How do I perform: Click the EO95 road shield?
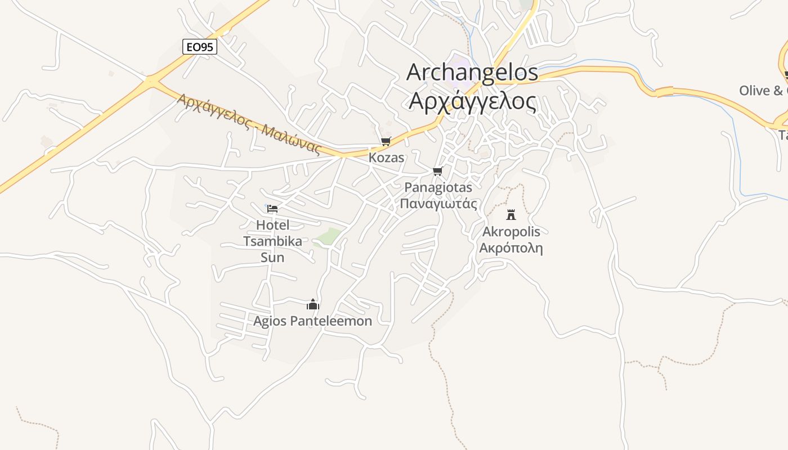pos(200,47)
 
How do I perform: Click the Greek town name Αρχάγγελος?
pos(472,101)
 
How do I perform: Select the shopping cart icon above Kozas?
pos(386,141)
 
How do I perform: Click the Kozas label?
pos(386,157)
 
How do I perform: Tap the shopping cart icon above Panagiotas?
pos(438,171)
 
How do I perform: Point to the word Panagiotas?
pos(438,187)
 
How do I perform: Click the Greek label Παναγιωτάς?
pos(438,203)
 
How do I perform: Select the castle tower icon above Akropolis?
pos(511,214)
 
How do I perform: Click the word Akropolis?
pos(511,232)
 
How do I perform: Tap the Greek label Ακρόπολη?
pos(511,248)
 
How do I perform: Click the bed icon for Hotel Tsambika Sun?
pos(272,208)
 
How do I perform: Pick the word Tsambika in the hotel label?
pos(272,241)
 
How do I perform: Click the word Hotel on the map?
pos(272,225)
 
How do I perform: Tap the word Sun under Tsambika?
pos(272,258)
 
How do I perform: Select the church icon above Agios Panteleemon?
pos(313,305)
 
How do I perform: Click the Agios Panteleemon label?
pos(313,321)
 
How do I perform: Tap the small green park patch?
pos(329,237)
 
